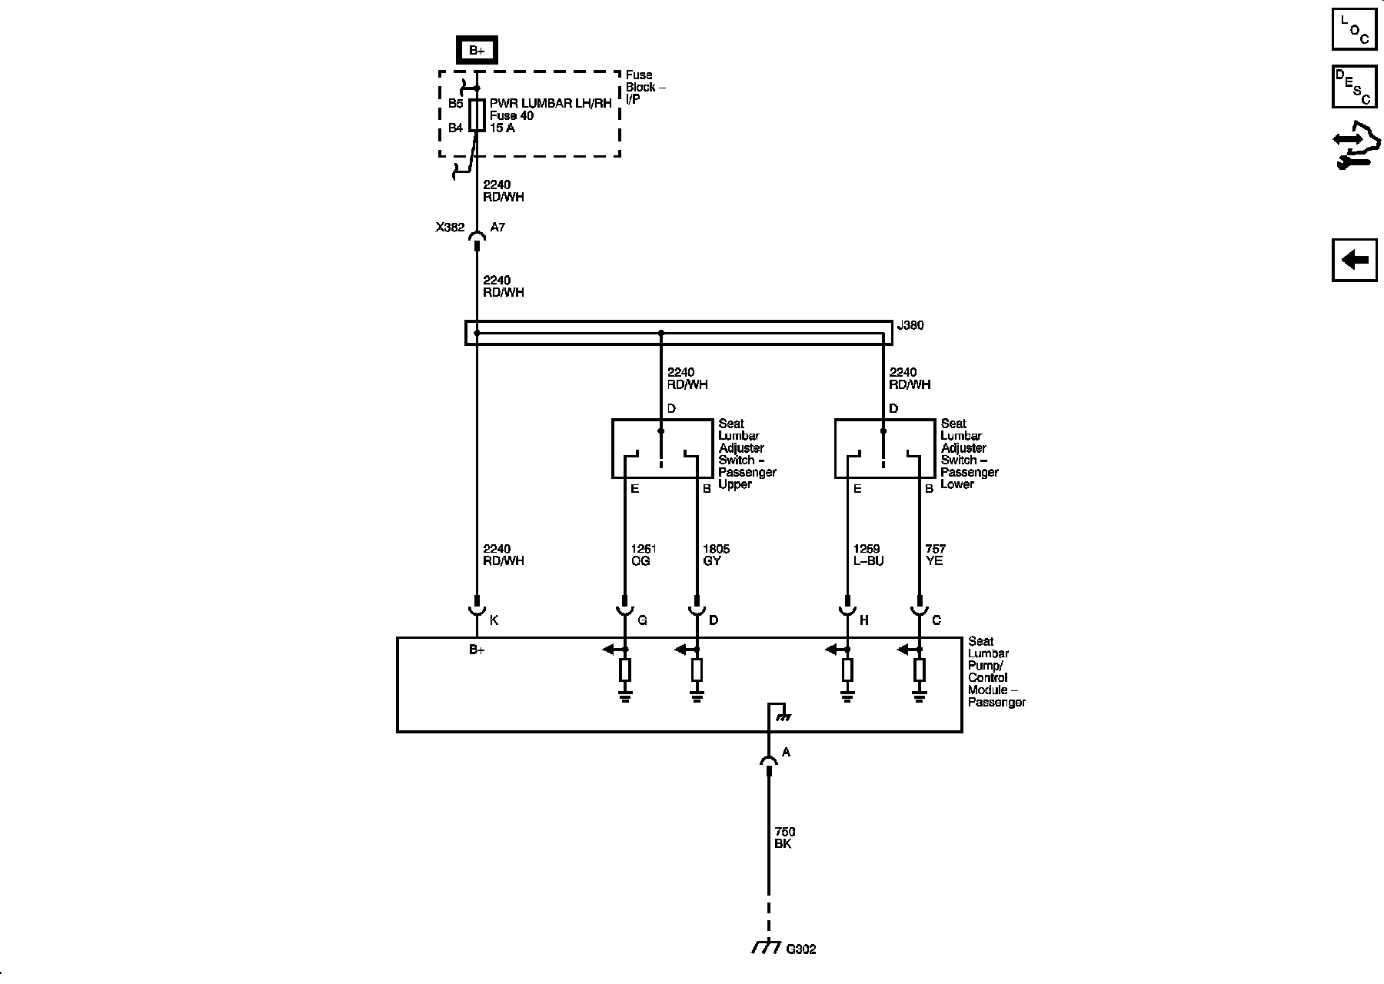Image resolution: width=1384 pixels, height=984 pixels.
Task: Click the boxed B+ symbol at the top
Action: coord(477,51)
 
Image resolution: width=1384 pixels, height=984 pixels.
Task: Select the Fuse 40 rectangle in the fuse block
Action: coord(477,115)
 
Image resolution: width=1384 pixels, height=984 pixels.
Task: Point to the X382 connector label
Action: coord(450,228)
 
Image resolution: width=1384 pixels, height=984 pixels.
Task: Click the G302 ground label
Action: coord(800,949)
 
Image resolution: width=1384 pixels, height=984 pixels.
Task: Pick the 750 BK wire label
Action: coord(784,838)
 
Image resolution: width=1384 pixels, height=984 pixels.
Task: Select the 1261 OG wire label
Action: coord(643,555)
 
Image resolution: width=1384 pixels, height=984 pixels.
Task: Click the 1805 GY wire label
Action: coord(715,555)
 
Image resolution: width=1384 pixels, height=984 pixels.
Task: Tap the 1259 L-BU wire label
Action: coord(868,555)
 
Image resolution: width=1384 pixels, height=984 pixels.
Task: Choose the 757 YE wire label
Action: coord(935,555)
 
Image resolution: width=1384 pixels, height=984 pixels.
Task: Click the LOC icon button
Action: coord(1354,28)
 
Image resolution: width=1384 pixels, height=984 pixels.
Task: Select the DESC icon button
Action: coord(1354,86)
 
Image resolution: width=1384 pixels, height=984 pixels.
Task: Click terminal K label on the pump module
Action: coord(494,620)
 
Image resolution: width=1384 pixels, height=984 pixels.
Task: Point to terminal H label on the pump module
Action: coord(863,620)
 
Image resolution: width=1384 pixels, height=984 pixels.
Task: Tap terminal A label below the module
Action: coord(786,753)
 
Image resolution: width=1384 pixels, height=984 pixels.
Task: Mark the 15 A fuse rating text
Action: coord(502,128)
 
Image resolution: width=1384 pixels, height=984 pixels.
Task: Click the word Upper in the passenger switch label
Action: coord(734,484)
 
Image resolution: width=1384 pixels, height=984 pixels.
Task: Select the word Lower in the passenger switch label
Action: coord(957,484)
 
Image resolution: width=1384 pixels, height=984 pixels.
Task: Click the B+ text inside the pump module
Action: coord(477,650)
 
